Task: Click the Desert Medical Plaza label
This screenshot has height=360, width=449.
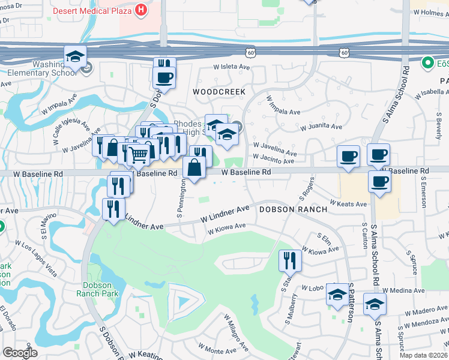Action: coord(92,11)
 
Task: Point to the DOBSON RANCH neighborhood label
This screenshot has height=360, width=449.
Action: coord(293,209)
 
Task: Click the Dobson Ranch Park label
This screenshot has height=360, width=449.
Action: coord(97,289)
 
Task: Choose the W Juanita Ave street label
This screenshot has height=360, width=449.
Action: coord(320,127)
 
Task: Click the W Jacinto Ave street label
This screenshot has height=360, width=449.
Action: coord(274,159)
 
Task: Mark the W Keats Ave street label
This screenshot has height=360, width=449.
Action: coord(348,204)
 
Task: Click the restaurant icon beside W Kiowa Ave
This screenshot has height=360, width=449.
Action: coord(289,260)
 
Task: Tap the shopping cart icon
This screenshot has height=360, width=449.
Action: coord(139,155)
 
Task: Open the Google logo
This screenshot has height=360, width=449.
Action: coord(20,353)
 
